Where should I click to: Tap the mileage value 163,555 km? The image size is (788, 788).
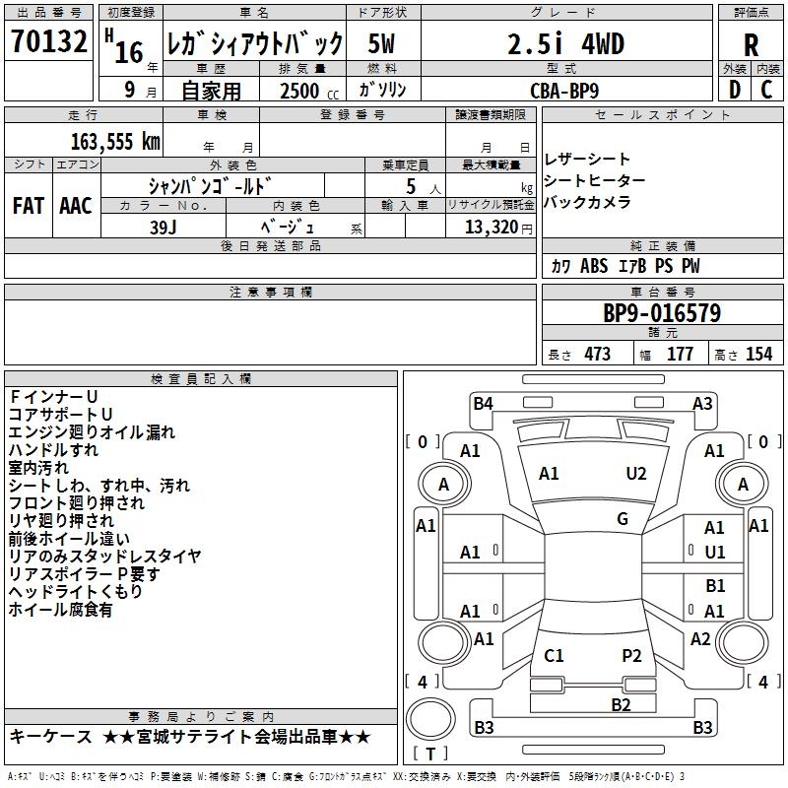(115, 142)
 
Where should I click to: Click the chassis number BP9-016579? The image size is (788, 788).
(661, 314)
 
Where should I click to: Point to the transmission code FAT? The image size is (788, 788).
(28, 206)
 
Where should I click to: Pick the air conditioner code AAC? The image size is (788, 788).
(75, 206)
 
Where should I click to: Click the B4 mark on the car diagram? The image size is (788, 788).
(483, 402)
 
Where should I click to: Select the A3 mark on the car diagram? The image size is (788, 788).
(702, 402)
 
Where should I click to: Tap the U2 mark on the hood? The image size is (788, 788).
(636, 474)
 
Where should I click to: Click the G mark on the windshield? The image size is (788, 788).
(623, 519)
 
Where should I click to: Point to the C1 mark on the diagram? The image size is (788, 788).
(554, 655)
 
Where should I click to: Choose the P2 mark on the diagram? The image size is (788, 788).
(631, 655)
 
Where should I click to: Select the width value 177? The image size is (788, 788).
(680, 355)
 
